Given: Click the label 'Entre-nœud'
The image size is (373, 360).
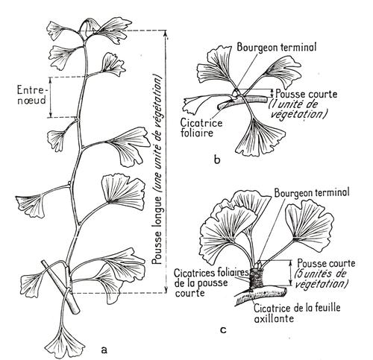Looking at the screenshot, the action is click(32, 95).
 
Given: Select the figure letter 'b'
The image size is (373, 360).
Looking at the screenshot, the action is click(217, 160).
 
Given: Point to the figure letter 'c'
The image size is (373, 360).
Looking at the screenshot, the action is click(223, 330).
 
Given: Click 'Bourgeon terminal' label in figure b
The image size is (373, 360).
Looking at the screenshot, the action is click(277, 47).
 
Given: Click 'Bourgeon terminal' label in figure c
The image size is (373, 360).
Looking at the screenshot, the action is click(312, 192).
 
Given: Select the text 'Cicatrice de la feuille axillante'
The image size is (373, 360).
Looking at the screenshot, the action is click(297, 313).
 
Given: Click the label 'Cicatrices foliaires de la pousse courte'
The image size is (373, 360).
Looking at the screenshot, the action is click(211, 282).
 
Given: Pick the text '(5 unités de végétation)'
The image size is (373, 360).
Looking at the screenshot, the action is click(320, 279).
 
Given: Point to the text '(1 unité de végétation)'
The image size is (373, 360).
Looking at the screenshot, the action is click(298, 110).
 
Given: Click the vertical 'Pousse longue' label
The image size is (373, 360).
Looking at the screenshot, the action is click(157, 171).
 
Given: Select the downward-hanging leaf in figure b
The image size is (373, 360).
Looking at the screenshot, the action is click(259, 138).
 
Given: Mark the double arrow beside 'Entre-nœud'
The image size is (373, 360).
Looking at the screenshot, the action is click(50, 97).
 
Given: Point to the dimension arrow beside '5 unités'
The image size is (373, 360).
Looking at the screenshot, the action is click(290, 273).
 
